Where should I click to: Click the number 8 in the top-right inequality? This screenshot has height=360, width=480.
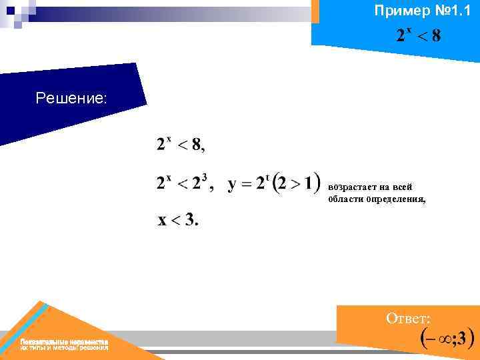click(435, 36)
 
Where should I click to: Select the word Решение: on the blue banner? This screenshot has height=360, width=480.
click(71, 99)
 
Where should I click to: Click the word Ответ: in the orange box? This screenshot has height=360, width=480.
click(408, 319)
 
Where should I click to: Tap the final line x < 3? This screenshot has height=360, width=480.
click(177, 221)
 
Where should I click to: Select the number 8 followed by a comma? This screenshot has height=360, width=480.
click(198, 145)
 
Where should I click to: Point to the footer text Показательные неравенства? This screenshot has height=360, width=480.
click(64, 341)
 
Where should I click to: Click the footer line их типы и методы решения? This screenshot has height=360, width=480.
click(64, 348)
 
